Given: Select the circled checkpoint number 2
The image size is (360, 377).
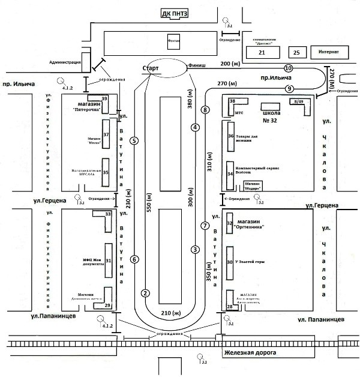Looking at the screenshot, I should tap(145, 293).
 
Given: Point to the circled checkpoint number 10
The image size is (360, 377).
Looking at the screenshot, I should tap(289, 68).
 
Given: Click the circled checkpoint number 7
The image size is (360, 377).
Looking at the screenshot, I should tap(205, 226).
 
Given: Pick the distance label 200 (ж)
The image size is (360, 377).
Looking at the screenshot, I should tap(232, 64).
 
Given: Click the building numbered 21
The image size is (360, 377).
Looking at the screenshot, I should tap(261, 53).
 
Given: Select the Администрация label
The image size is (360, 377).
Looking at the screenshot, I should tap(64, 62).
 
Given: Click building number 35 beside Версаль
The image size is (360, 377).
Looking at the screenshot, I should tap(106, 172).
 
